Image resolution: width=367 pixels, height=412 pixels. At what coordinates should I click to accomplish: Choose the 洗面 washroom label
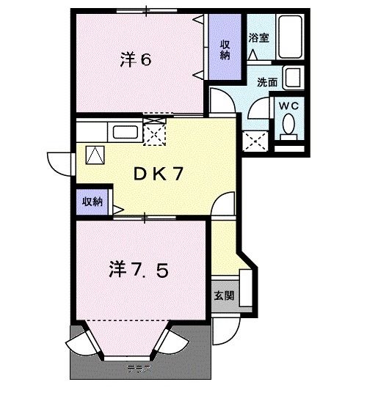[x=268, y=83]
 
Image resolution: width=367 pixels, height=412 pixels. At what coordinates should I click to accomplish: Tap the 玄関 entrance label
[x=225, y=296]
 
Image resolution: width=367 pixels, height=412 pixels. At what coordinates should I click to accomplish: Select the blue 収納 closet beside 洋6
[x=226, y=48]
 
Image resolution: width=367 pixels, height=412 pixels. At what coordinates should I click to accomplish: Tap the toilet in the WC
[x=289, y=129]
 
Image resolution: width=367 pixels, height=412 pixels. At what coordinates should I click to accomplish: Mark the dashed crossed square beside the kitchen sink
[x=155, y=131]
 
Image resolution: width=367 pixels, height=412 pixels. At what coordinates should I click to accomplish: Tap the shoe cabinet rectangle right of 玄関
[x=246, y=290]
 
